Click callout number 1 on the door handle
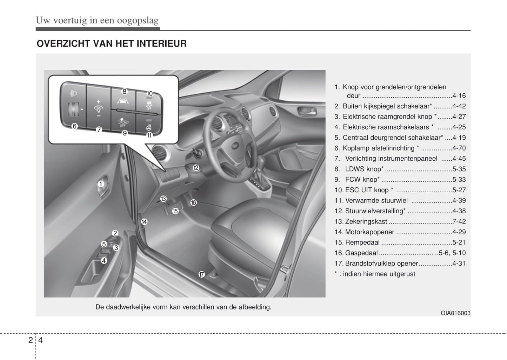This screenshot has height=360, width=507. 101,184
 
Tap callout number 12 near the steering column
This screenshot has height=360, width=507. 196,168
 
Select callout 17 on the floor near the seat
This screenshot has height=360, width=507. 201,274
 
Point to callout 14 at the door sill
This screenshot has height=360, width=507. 144,222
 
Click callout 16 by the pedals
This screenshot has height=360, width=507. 193,202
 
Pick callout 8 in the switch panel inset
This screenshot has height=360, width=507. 124,91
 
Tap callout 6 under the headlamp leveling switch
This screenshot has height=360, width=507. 74,126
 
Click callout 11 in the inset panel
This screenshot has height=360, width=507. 149,135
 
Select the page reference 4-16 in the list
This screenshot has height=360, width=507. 459,96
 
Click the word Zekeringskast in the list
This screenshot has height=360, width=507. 366,221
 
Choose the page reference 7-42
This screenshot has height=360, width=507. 459,221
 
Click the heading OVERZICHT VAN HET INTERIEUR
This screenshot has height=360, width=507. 112,44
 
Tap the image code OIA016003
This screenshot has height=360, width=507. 455,313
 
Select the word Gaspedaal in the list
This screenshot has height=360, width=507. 361,253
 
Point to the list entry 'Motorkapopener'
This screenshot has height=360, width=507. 369,232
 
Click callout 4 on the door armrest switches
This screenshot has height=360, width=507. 104,261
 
